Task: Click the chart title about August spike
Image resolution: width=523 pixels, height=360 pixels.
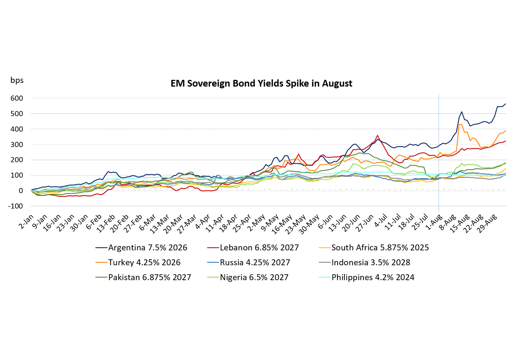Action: [261, 84]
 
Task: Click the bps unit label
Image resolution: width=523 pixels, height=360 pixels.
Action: [17, 80]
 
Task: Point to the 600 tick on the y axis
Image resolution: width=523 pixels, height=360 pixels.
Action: [17, 98]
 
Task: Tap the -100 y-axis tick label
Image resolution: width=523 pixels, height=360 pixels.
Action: [15, 206]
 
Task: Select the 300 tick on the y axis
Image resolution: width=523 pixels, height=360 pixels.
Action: [17, 145]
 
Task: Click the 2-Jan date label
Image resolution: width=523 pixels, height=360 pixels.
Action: [27, 221]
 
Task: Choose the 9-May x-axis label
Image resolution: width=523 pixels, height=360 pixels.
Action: [272, 222]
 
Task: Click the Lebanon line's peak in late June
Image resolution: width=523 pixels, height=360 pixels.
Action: [377, 135]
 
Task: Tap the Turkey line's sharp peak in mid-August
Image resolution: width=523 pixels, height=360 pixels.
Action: [461, 124]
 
